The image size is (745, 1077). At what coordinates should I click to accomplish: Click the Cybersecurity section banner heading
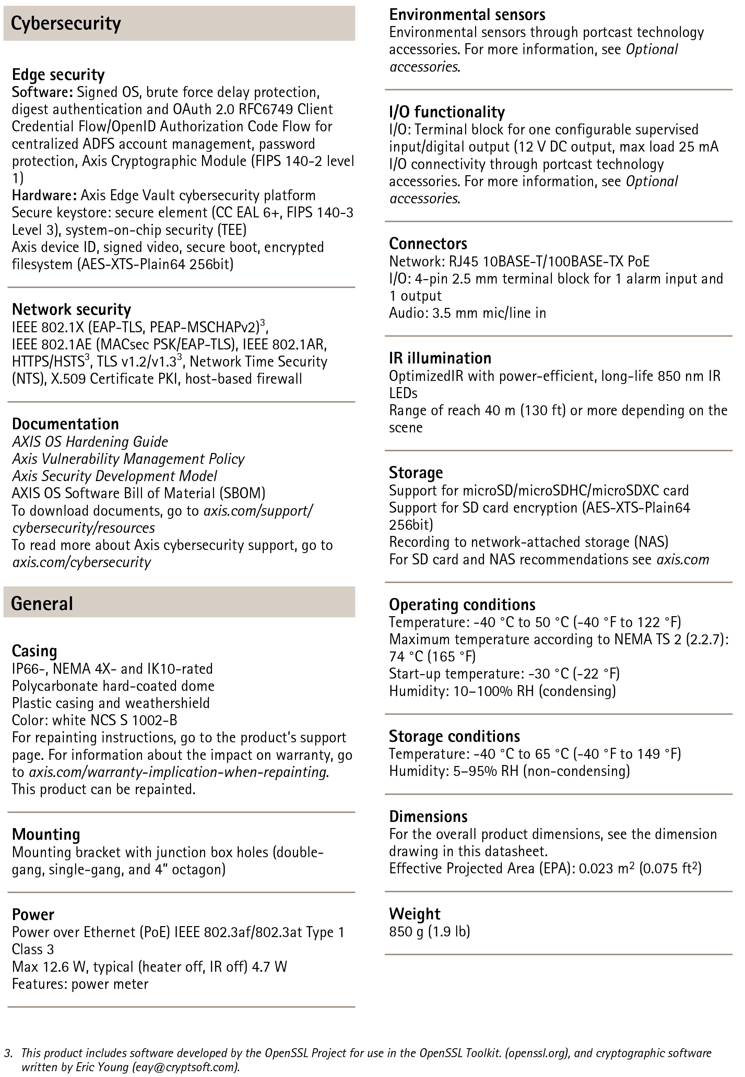tap(66, 23)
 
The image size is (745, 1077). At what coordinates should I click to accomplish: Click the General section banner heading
tap(42, 603)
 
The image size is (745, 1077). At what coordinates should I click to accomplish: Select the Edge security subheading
tap(58, 75)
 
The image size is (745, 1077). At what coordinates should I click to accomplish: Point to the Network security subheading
tap(71, 309)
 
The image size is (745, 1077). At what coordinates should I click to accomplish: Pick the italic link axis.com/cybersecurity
tap(82, 562)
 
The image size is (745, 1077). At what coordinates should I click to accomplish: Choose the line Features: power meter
tap(80, 984)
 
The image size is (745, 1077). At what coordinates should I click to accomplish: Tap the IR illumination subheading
tap(440, 358)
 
